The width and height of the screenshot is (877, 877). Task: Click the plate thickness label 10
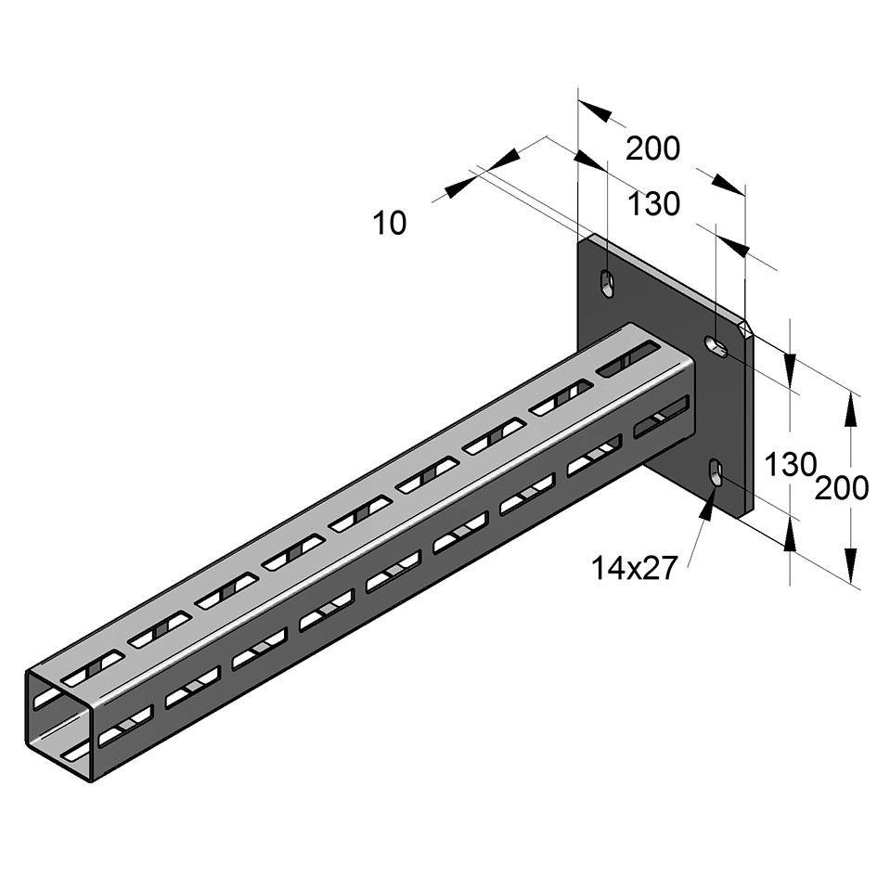(390, 223)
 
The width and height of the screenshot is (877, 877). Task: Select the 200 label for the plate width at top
(652, 148)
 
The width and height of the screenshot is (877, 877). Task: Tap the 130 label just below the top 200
(654, 204)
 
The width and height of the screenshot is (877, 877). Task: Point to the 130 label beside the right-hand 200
(790, 464)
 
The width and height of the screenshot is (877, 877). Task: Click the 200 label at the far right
(842, 487)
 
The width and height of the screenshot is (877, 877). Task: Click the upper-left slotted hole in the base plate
(607, 282)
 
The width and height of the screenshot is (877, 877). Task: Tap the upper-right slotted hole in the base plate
(717, 346)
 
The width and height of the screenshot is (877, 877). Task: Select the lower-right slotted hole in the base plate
(716, 472)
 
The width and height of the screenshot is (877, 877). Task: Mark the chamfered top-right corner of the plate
(748, 327)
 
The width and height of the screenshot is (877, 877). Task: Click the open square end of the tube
(60, 724)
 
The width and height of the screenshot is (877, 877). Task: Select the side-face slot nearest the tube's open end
(125, 726)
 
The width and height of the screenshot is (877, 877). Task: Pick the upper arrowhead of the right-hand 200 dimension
(850, 408)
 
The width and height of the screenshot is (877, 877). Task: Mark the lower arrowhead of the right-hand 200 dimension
(850, 561)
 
